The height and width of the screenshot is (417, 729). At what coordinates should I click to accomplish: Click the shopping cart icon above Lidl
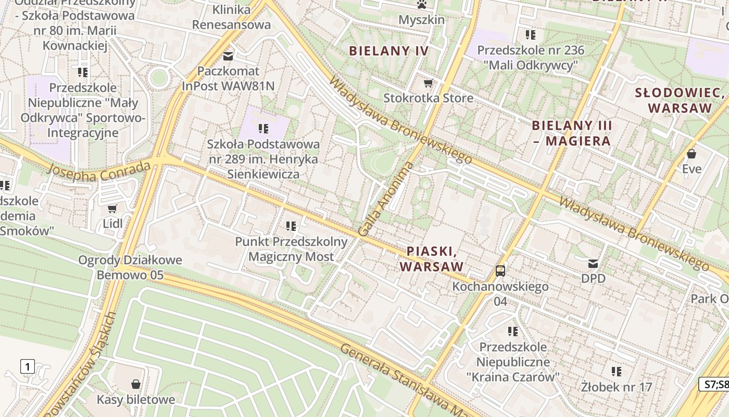click(x=112, y=209)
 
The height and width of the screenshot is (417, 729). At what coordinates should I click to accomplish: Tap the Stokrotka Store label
click(x=428, y=98)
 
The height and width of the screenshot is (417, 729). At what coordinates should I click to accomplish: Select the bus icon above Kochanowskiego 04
click(x=500, y=271)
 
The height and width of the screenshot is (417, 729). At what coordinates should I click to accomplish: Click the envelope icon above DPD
click(x=593, y=263)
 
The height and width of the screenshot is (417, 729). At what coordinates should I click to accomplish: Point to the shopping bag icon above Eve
click(x=692, y=154)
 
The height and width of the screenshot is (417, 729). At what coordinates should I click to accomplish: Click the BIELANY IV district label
click(x=388, y=51)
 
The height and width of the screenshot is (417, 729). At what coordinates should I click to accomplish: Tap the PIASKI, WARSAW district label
click(x=432, y=259)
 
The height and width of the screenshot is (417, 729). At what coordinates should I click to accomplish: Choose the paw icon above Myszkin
click(x=421, y=5)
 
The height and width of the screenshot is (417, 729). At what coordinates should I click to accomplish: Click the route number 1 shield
click(x=28, y=366)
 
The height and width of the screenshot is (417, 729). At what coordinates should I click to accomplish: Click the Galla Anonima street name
click(x=386, y=199)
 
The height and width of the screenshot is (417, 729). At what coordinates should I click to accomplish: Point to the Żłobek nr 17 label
click(x=617, y=387)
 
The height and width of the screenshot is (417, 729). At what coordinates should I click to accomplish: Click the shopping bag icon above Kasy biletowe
click(x=136, y=384)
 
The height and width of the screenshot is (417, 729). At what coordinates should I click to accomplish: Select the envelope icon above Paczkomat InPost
click(x=228, y=55)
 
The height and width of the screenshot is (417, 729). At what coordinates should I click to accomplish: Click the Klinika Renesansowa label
click(x=231, y=17)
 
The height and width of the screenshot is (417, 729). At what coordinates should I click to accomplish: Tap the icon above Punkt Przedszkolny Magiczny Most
click(x=291, y=226)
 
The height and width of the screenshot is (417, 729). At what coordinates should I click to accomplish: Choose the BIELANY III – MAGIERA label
click(x=572, y=133)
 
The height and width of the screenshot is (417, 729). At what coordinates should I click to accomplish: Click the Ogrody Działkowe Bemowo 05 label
click(x=130, y=267)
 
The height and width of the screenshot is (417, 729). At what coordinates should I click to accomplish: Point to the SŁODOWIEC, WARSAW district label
click(x=680, y=101)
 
